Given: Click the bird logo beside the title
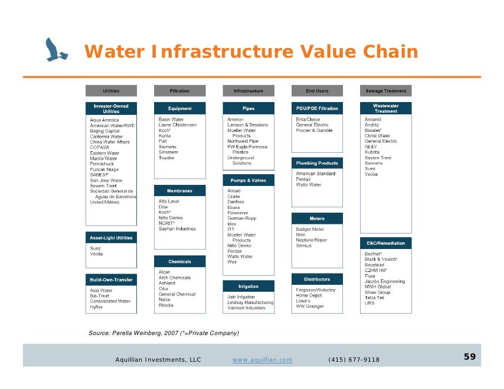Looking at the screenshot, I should pyautogui.click(x=56, y=50).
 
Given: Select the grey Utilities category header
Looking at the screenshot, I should pyautogui.click(x=111, y=91).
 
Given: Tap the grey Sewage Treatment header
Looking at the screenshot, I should pyautogui.click(x=386, y=91).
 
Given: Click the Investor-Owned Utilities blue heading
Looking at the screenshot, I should pyautogui.click(x=111, y=108).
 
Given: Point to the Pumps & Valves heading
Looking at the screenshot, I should pyautogui.click(x=248, y=180).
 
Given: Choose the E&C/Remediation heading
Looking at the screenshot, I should pyautogui.click(x=385, y=243).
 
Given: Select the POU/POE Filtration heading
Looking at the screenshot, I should pyautogui.click(x=317, y=108).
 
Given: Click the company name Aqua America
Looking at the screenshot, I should pyautogui.click(x=104, y=120).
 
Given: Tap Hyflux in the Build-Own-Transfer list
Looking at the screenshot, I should pyautogui.click(x=97, y=307).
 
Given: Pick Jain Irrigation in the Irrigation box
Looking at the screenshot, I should pyautogui.click(x=241, y=297).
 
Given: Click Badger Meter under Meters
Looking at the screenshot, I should pyautogui.click(x=310, y=230).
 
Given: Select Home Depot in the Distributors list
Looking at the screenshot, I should pyautogui.click(x=310, y=295).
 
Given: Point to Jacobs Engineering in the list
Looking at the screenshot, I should pyautogui.click(x=385, y=282).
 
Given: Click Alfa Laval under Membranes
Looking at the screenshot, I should pyautogui.click(x=169, y=201).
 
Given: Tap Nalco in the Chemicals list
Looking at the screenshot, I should pyautogui.click(x=165, y=300).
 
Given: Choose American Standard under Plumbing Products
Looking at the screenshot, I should pyautogui.click(x=316, y=174).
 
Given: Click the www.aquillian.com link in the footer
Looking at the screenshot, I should pyautogui.click(x=262, y=360).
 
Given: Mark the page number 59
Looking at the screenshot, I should pyautogui.click(x=469, y=357).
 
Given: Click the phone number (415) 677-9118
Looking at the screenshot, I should pyautogui.click(x=354, y=360).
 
